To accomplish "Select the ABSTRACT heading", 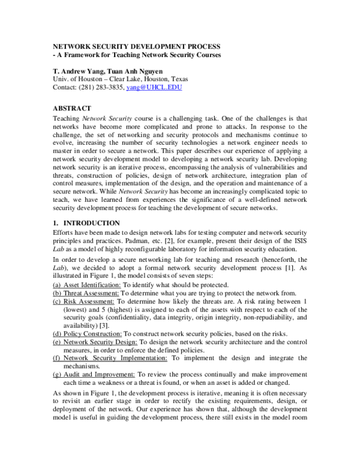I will (x=72, y=108).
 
